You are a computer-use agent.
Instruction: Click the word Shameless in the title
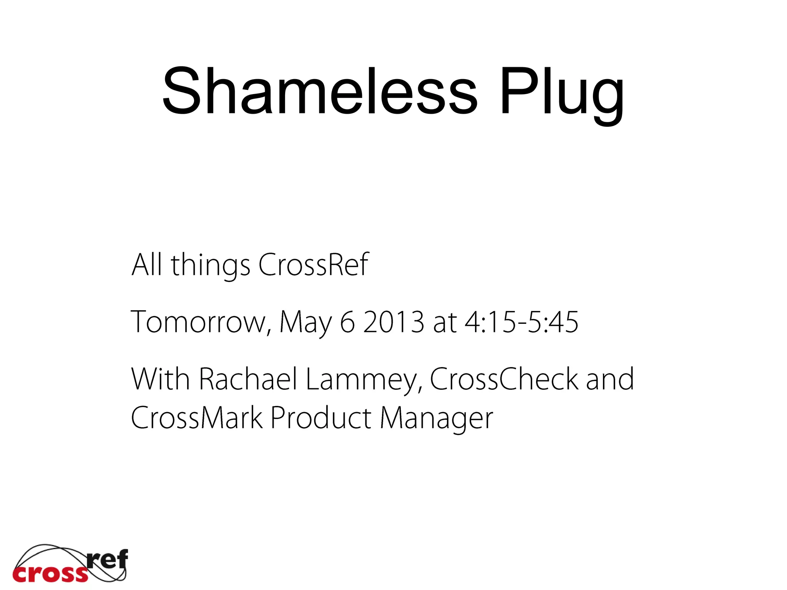pyautogui.click(x=320, y=91)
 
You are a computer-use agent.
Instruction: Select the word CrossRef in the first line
pyautogui.click(x=313, y=265)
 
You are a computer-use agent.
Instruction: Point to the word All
pyautogui.click(x=146, y=265)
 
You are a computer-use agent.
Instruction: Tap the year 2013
pyautogui.click(x=393, y=322)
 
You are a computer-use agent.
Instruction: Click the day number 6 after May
pyautogui.click(x=347, y=322)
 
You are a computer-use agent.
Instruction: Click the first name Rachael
pyautogui.click(x=248, y=379)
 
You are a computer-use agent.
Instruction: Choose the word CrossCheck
pyautogui.click(x=504, y=379)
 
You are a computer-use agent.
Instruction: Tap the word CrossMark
pyautogui.click(x=197, y=418)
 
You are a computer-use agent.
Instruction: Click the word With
pyautogui.click(x=161, y=379)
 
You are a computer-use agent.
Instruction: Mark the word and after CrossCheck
pyautogui.click(x=610, y=379)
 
